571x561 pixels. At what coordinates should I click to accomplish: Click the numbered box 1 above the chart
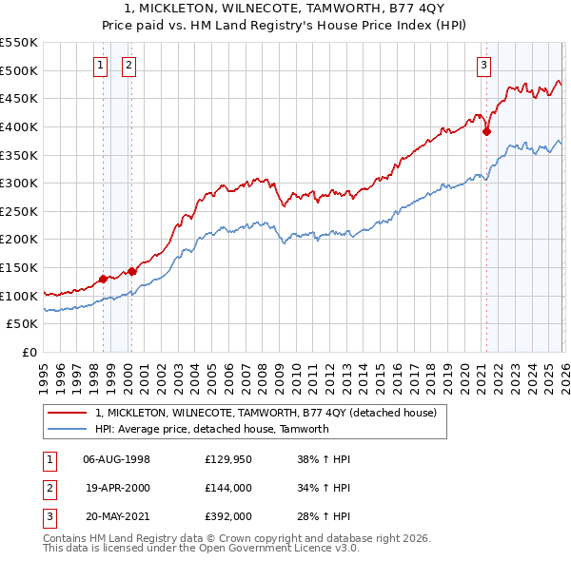click(x=101, y=66)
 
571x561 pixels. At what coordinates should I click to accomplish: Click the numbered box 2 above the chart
click(x=129, y=66)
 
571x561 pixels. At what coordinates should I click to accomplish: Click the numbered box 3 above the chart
click(x=483, y=66)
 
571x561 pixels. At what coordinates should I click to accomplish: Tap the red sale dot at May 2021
click(x=486, y=132)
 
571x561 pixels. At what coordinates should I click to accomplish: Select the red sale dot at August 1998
click(x=103, y=280)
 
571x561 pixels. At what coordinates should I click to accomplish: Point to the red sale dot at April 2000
click(x=132, y=271)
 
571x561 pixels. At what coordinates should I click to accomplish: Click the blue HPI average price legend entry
click(x=211, y=429)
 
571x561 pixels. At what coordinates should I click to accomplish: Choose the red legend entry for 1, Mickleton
click(x=266, y=413)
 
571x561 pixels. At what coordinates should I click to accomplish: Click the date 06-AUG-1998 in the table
click(x=116, y=458)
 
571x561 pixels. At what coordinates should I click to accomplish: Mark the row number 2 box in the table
click(x=49, y=488)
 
